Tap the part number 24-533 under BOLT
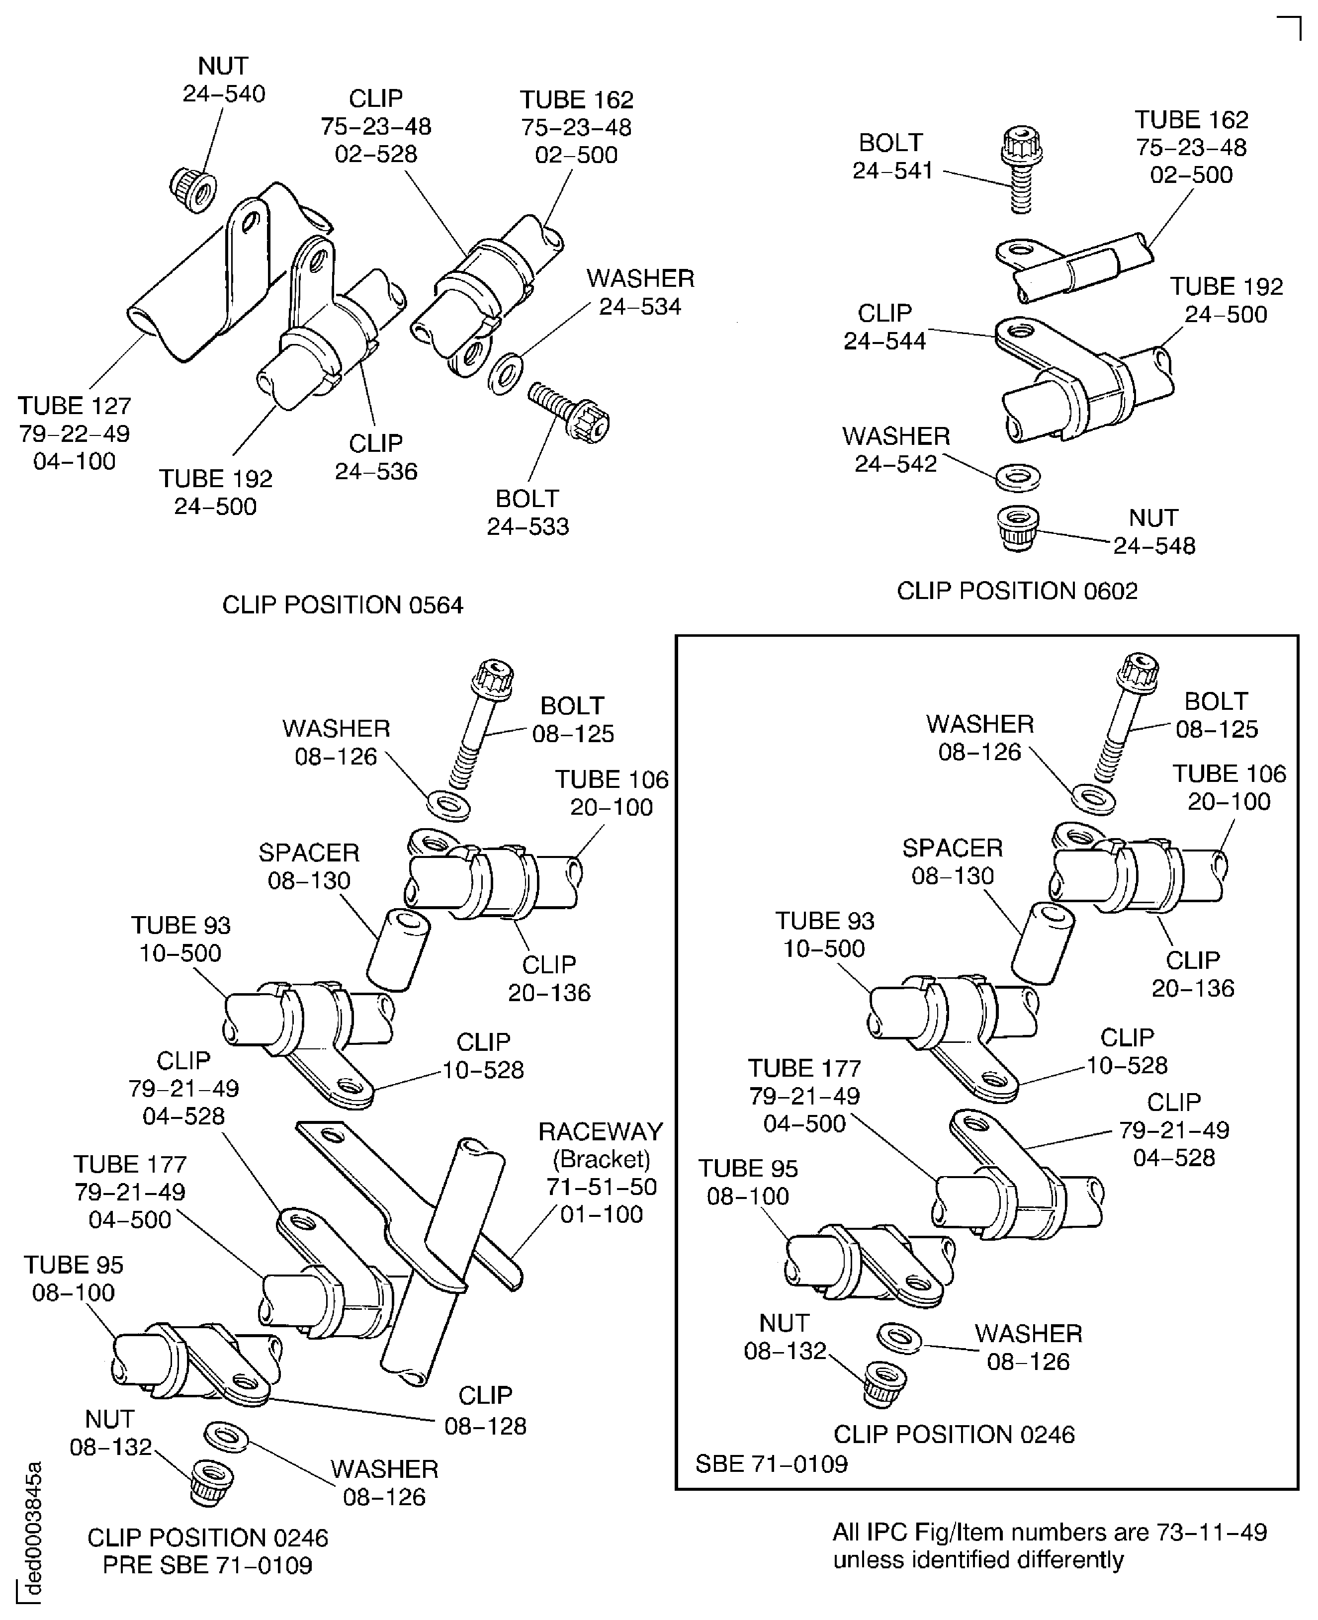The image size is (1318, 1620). tap(527, 526)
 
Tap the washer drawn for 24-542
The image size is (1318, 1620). tap(1017, 477)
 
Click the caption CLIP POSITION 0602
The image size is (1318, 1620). tap(1017, 591)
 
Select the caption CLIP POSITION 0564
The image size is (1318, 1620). tap(343, 605)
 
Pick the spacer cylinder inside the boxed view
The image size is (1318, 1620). tap(1043, 943)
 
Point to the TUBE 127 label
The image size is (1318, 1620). tap(75, 406)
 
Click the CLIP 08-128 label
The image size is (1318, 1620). tap(485, 1410)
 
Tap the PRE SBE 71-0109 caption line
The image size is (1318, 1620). tap(207, 1565)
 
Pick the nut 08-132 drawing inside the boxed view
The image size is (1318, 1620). tap(884, 1383)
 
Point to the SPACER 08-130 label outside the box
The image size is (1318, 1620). tap(309, 866)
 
